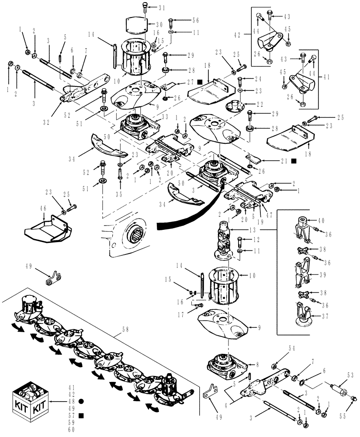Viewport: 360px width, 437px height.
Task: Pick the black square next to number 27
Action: (199, 82)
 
